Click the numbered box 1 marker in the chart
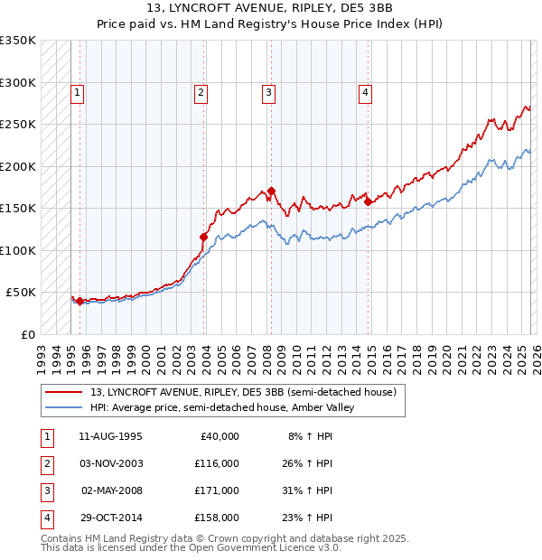pyautogui.click(x=79, y=91)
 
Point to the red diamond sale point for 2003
pyautogui.click(x=203, y=238)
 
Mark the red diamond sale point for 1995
pyautogui.click(x=79, y=301)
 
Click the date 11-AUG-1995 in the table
pyautogui.click(x=110, y=436)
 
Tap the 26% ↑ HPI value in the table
pyautogui.click(x=307, y=463)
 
